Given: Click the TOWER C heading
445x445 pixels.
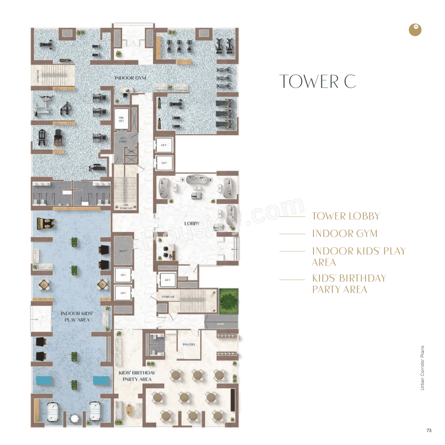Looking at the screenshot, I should coord(317,82).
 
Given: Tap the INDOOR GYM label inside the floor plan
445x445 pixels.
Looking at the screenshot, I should coord(130,78).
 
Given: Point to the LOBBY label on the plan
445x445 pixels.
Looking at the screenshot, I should coord(192,223).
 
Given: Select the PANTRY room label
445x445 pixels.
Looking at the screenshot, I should coord(189,345).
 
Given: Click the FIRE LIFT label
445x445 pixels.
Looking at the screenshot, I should coord(121,119).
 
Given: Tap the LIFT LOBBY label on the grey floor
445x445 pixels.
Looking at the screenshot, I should coord(123,140).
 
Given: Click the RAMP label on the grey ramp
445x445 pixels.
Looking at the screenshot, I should coord(221,324).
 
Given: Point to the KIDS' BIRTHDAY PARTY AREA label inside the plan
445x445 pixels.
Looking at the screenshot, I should coord(137,376).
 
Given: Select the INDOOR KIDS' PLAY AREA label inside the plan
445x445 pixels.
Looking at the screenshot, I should coord(77,316).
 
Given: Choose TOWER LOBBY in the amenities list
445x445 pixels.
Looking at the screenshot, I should coord(346,216).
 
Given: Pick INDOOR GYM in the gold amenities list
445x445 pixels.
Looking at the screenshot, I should coord(345,234).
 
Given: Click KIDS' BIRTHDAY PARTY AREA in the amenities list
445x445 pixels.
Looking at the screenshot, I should coord(349,284).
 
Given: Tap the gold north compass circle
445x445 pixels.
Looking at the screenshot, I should coord(415,30).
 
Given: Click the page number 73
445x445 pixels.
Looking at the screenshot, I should coord(429,430).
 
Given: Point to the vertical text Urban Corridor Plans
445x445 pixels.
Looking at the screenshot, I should coord(422,368).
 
